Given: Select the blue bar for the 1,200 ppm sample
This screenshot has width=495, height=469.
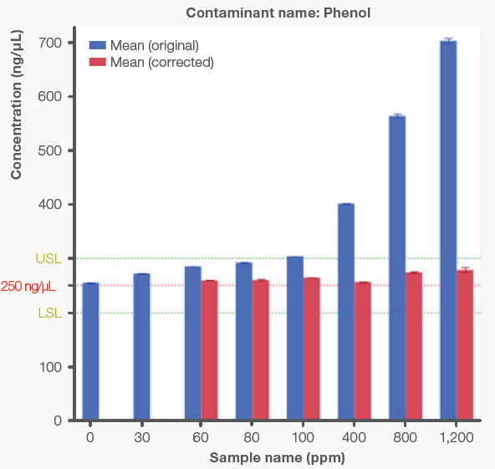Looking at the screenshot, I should [x=448, y=230].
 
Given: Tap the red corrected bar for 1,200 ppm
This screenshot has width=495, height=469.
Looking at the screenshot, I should [x=465, y=344].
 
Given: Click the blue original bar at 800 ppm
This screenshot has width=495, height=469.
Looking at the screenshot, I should [x=397, y=268].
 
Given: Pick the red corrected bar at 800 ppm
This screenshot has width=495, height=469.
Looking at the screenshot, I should [x=414, y=346].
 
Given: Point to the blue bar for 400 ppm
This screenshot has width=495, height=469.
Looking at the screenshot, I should [x=346, y=311].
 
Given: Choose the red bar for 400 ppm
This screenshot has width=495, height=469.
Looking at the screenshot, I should [x=363, y=351].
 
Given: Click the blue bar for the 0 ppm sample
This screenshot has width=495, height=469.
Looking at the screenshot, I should [x=90, y=351].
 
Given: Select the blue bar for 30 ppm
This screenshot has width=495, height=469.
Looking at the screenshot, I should [x=141, y=347].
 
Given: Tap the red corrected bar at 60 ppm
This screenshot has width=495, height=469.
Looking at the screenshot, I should [x=210, y=350].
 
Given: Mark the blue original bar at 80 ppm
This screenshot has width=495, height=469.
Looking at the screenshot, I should [x=244, y=341].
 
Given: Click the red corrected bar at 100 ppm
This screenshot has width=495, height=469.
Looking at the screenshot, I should [x=312, y=349].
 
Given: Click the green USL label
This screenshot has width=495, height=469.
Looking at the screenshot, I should [x=47, y=258].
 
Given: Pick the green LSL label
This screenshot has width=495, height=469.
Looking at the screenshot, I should [x=47, y=314].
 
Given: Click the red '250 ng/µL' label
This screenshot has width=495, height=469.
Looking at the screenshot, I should [x=28, y=286].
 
